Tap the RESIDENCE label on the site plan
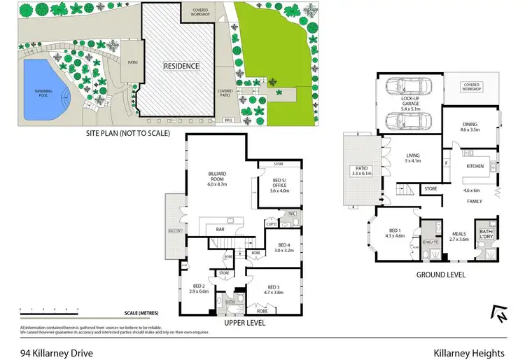pyautogui.click(x=181, y=66)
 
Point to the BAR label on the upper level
pyautogui.click(x=219, y=228)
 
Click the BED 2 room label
pyautogui.click(x=200, y=287)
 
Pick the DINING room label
pyautogui.click(x=470, y=126)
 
